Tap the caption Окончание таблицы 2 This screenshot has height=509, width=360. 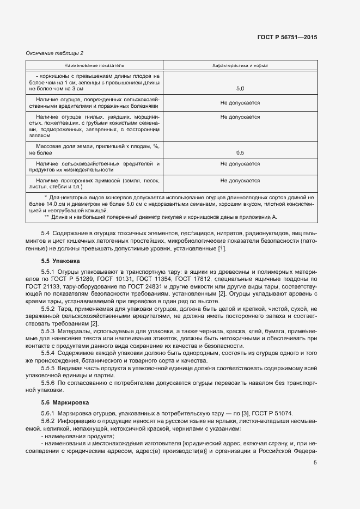point(55,53)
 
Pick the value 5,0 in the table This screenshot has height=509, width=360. point(240,88)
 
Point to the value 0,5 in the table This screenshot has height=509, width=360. point(240,154)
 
